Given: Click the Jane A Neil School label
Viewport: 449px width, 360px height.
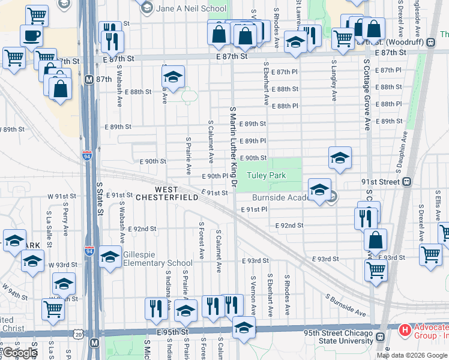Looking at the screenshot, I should pos(191,9).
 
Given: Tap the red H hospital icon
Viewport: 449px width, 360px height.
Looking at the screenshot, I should pos(405,329).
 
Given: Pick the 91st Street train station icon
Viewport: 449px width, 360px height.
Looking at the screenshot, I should pos(406,182).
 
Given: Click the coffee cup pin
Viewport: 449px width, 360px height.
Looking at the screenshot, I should pos(31,35).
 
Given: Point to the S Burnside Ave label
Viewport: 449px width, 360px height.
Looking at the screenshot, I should pos(346,305).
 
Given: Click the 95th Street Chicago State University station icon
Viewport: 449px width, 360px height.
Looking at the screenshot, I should pos(380,336).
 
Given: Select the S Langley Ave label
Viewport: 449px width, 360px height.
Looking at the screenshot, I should pos(334,78).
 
